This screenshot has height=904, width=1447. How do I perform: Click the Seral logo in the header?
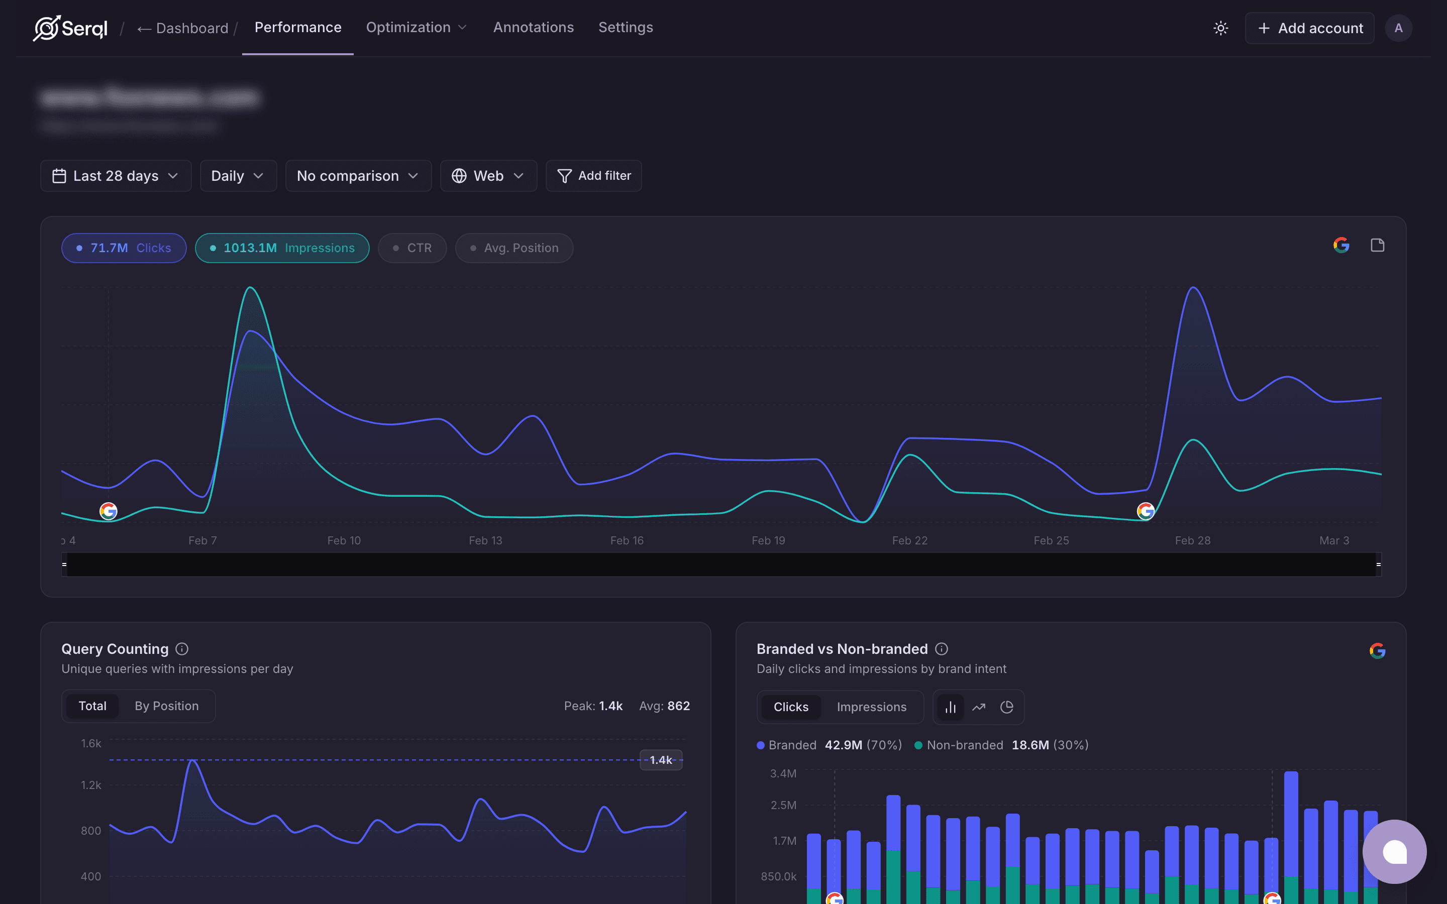[70, 28]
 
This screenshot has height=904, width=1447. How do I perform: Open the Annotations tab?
[533, 28]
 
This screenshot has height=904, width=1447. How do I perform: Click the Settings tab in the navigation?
[626, 28]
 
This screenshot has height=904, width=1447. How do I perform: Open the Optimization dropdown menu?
[416, 28]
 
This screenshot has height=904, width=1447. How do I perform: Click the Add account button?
[1309, 28]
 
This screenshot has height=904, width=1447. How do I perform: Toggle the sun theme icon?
[1220, 28]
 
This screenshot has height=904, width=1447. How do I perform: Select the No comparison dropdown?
[358, 176]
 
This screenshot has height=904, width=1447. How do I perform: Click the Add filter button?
[594, 176]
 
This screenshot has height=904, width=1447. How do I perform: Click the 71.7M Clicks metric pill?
[124, 248]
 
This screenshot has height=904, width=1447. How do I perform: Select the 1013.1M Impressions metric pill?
[282, 248]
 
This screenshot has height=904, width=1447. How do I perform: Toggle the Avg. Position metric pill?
[514, 248]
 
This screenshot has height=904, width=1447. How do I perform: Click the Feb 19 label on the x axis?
[768, 540]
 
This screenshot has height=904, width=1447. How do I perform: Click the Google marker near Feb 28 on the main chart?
[1145, 511]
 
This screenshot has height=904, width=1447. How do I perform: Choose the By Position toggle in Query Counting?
[166, 706]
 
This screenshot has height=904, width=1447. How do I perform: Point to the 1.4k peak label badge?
[661, 760]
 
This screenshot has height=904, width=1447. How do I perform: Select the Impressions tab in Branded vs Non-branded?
[871, 707]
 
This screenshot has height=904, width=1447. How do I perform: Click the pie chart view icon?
[1007, 707]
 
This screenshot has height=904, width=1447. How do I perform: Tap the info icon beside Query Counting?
[182, 649]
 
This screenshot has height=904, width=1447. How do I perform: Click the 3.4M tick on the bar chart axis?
[783, 773]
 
